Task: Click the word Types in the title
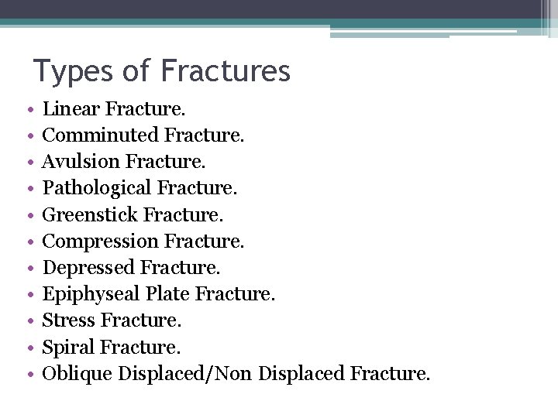[74, 72]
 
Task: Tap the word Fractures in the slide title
[226, 71]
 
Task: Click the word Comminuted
[100, 136]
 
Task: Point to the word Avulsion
[81, 163]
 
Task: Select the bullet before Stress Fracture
[27, 322]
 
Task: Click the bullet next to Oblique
[27, 375]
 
